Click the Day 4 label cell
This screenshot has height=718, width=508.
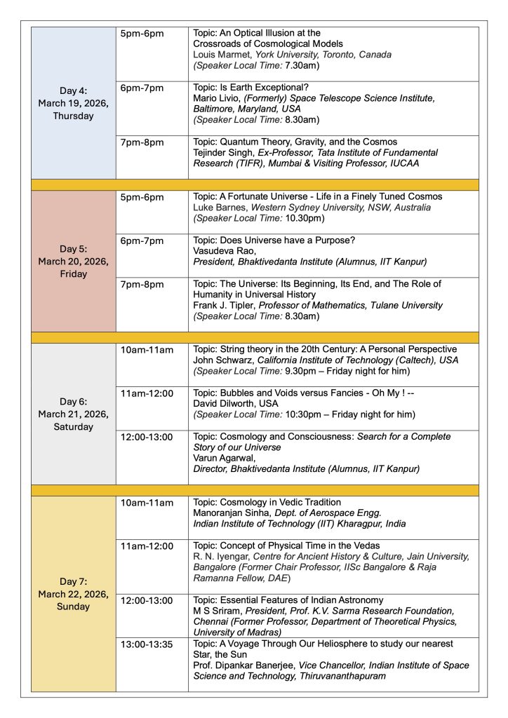(x=74, y=104)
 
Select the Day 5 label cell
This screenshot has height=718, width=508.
(x=74, y=261)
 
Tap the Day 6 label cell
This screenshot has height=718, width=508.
(x=74, y=414)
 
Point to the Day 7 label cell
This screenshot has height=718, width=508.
(x=74, y=594)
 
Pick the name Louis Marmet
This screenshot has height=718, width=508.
(x=220, y=55)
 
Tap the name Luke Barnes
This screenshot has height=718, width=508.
(x=218, y=208)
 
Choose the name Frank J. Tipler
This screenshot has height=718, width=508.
(x=227, y=306)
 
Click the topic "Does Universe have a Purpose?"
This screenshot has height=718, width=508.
(x=274, y=240)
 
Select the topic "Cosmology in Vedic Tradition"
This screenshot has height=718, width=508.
(x=267, y=503)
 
